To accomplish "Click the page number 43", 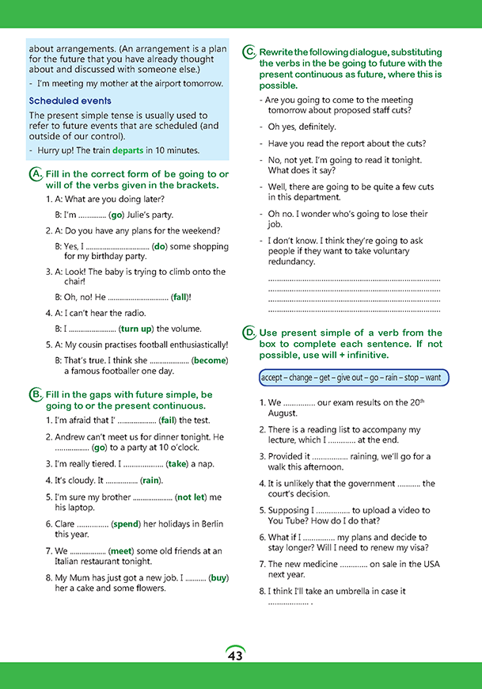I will pyautogui.click(x=235, y=656).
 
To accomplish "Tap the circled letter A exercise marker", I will pyautogui.click(x=36, y=174).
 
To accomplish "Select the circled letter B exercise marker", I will pyautogui.click(x=36, y=394).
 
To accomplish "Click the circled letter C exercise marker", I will pyautogui.click(x=249, y=52).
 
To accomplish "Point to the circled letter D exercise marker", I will pyautogui.click(x=249, y=333).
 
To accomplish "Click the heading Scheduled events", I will pyautogui.click(x=70, y=101).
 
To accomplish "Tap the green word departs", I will pyautogui.click(x=128, y=150).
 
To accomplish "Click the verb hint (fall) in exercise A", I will pyautogui.click(x=180, y=297).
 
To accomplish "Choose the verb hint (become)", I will pyautogui.click(x=210, y=360).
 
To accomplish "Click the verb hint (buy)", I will pyautogui.click(x=218, y=578).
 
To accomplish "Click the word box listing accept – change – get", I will pyautogui.click(x=354, y=378).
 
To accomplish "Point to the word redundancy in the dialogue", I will pyautogui.click(x=291, y=261).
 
